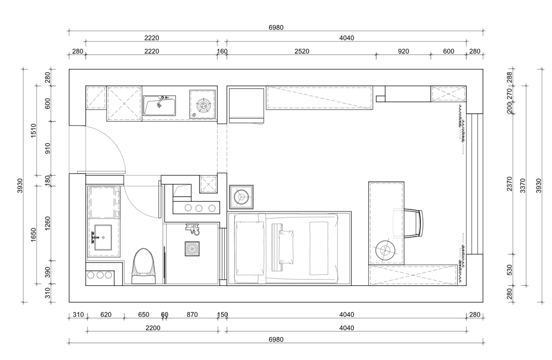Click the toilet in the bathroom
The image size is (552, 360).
pyautogui.click(x=143, y=266)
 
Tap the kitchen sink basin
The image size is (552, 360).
pyautogui.click(x=159, y=105)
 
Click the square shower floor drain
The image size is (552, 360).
pyautogui.click(x=192, y=248)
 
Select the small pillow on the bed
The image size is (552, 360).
pyautogui.click(x=286, y=247)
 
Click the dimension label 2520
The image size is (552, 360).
pyautogui.click(x=302, y=51)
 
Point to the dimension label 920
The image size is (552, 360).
pyautogui.click(x=404, y=51)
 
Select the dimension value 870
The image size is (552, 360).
pyautogui.click(x=192, y=314)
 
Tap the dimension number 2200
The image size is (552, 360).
pyautogui.click(x=153, y=328)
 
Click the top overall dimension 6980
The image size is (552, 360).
pyautogui.click(x=276, y=28)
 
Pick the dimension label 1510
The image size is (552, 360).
pyautogui.click(x=33, y=131)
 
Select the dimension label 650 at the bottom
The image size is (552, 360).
pyautogui.click(x=143, y=314)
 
